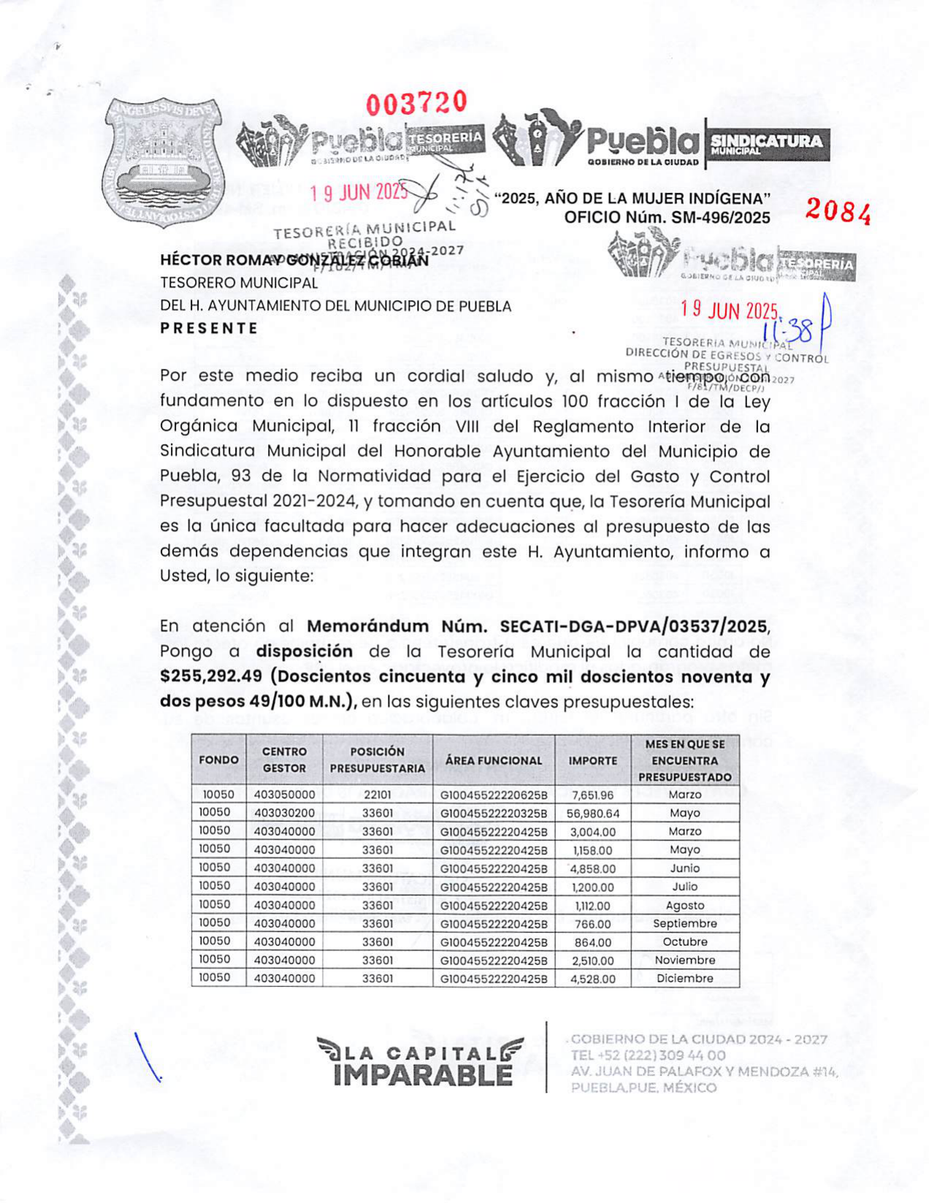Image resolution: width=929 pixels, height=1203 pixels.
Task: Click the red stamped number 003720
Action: coord(416,103)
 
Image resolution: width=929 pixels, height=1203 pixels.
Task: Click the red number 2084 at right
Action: coord(838,212)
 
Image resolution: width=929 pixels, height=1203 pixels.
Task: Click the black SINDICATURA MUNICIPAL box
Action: coord(767,143)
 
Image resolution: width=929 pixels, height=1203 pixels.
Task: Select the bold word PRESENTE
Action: coord(209,328)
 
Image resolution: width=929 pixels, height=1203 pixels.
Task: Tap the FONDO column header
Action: coord(218,760)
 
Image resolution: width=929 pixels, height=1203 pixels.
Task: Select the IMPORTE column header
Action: coord(592,760)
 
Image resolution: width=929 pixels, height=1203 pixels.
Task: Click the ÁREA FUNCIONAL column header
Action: coord(494,760)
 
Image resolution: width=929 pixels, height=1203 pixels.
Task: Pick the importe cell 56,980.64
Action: coord(592,813)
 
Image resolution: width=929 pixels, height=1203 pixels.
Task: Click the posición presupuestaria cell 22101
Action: coord(377,795)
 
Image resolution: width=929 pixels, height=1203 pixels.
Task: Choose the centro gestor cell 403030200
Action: coord(284,813)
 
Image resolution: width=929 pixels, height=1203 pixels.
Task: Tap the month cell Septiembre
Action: coord(684,923)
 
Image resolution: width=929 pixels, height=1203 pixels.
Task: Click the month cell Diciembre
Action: coord(684,978)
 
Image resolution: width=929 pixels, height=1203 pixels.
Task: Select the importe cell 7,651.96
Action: coord(592,795)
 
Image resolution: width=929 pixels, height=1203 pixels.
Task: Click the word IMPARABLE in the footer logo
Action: coord(422,1074)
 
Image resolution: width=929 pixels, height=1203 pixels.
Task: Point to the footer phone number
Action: coord(648,1055)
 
